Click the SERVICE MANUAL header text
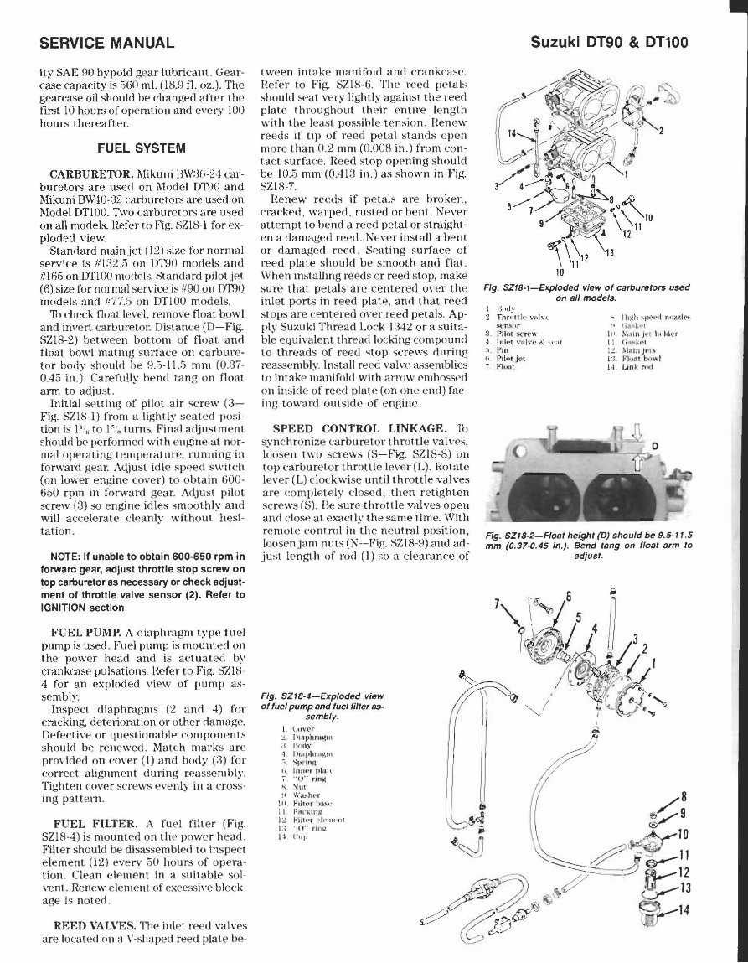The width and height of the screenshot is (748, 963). coord(107,42)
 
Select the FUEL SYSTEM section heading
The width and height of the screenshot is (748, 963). coord(142,148)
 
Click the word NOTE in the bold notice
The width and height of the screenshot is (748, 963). coord(70,557)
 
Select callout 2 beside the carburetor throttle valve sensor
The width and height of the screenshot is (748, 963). coord(660,130)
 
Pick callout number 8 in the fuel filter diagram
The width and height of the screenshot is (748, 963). coord(684,796)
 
